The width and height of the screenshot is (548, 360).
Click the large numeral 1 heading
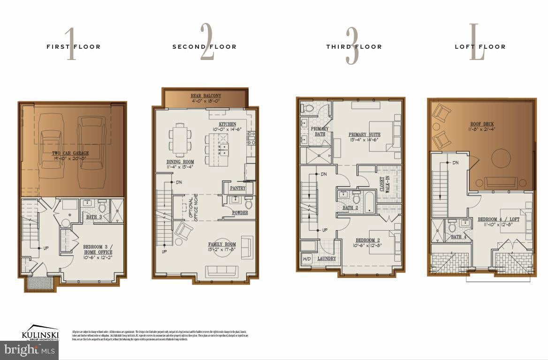pyautogui.click(x=70, y=45)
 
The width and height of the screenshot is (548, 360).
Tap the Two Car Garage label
pyautogui.click(x=70, y=156)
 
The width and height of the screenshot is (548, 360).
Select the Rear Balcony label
pyautogui.click(x=206, y=98)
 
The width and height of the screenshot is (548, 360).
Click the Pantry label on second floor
pyautogui.click(x=237, y=188)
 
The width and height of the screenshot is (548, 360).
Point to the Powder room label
pyautogui.click(x=240, y=213)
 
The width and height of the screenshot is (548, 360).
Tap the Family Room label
pyautogui.click(x=222, y=247)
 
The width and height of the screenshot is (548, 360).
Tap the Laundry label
pyautogui.click(x=327, y=258)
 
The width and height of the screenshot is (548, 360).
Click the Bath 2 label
pyautogui.click(x=350, y=208)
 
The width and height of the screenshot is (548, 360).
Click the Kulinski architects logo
pyautogui.click(x=40, y=332)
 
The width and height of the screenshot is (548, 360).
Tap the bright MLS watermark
pyautogui.click(x=29, y=350)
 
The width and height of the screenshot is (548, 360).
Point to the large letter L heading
pyautogui.click(x=477, y=45)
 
